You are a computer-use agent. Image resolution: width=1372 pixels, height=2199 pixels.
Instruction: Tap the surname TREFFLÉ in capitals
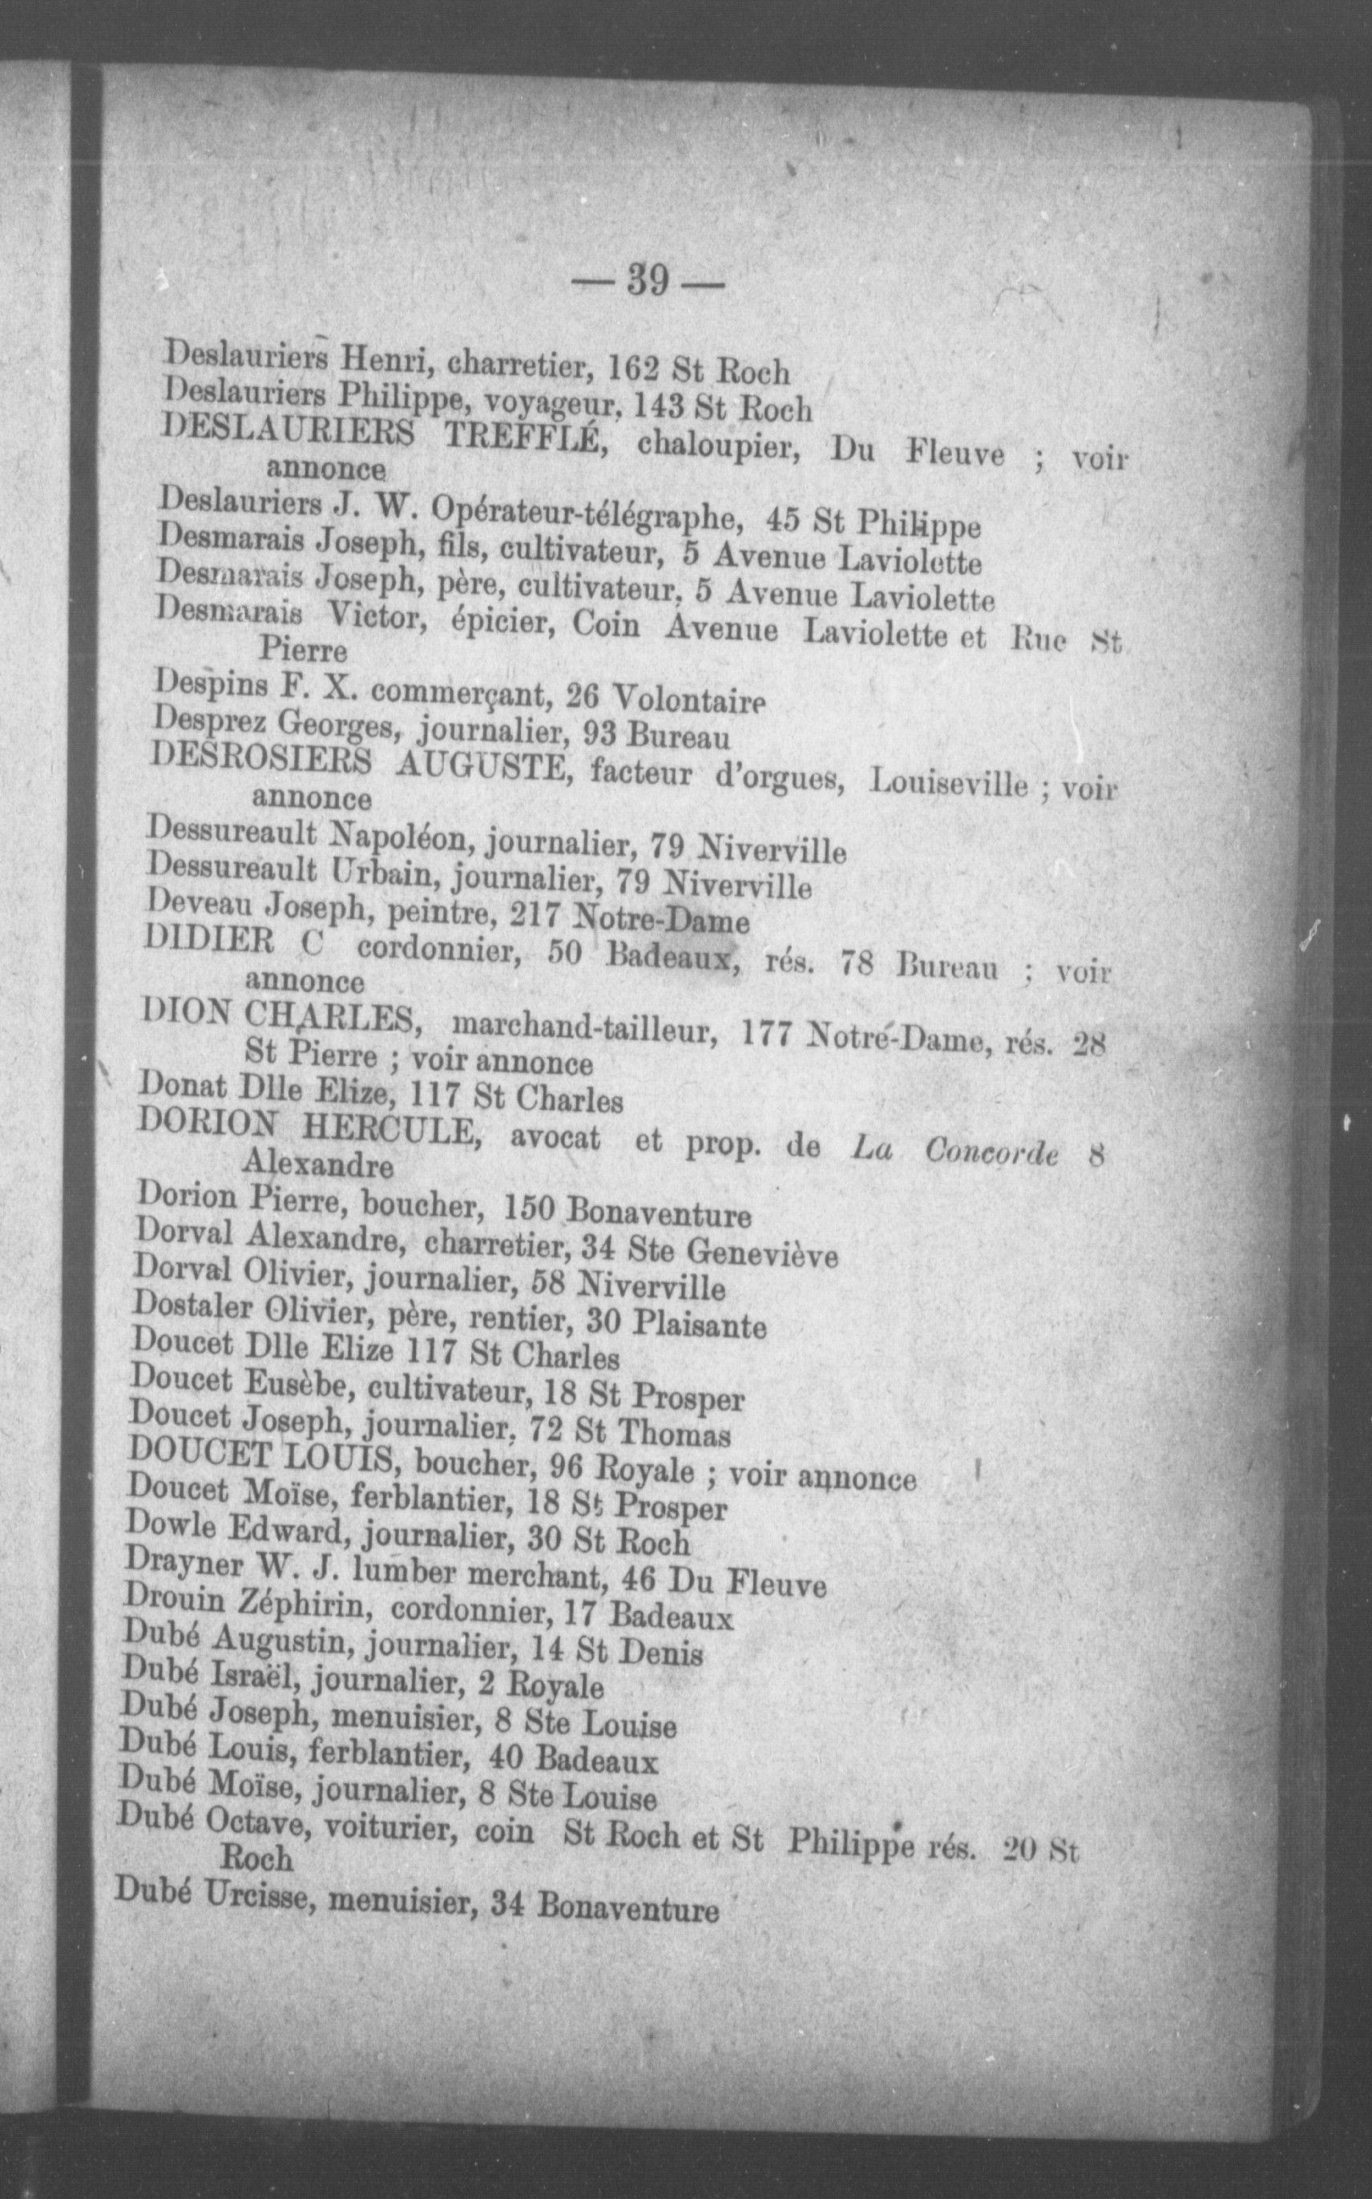[521, 439]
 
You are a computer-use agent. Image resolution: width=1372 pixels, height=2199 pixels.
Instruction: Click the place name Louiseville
[948, 782]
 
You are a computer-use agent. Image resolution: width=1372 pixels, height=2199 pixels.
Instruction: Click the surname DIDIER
[208, 942]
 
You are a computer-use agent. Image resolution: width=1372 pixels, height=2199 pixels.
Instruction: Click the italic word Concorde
[991, 1152]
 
